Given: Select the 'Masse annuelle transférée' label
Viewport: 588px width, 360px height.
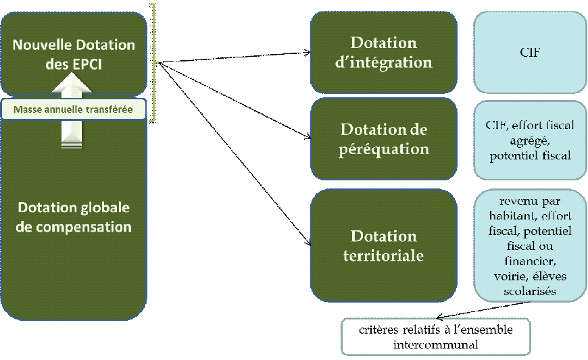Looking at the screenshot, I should point(73,109).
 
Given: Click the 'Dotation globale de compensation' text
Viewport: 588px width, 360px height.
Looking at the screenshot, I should point(74,217).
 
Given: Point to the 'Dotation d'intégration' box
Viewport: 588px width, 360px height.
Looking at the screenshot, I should point(384,53).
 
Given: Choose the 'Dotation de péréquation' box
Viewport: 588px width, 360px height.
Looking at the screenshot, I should point(384,139).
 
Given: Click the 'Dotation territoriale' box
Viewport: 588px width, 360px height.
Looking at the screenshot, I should point(384,245).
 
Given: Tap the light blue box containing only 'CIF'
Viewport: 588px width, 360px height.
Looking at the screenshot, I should point(529,53).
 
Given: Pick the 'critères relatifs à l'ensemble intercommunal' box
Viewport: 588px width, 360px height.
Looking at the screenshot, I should point(435,336).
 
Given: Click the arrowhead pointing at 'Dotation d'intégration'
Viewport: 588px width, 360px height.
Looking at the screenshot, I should point(306,52).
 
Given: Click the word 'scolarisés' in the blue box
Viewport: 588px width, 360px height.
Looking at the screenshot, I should point(530,292).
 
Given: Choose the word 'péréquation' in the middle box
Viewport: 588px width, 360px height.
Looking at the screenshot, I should point(384,149).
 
